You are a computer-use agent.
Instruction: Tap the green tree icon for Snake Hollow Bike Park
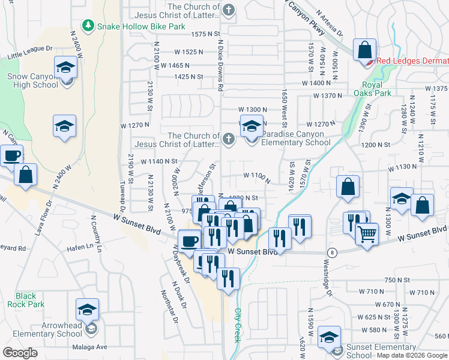pyautogui.click(x=89, y=25)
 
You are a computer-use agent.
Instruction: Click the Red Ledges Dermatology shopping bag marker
pyautogui.click(x=364, y=50)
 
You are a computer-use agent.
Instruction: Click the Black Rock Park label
pyautogui.click(x=26, y=300)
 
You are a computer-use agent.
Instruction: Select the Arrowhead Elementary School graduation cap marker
pyautogui.click(x=88, y=310)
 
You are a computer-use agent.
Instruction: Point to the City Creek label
pyautogui.click(x=238, y=326)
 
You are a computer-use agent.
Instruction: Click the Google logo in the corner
pyautogui.click(x=20, y=353)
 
